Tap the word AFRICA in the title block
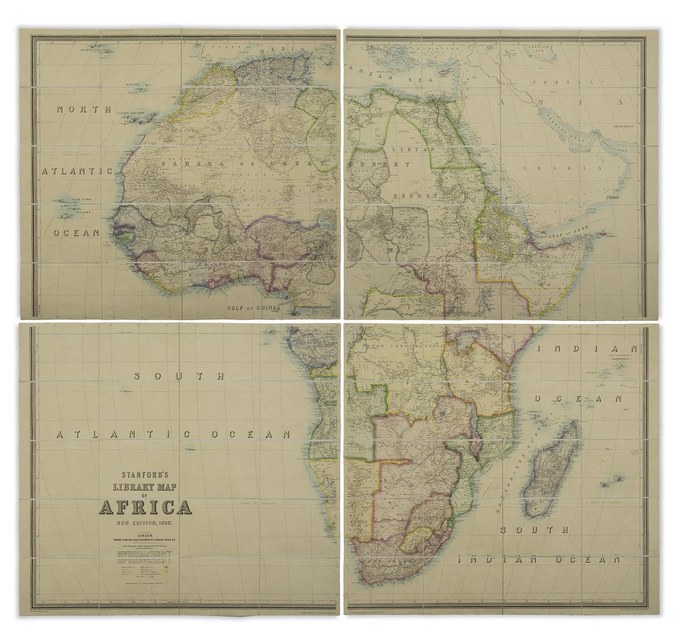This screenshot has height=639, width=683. (146, 508)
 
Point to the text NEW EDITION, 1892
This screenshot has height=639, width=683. (146, 522)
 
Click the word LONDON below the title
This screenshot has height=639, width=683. (146, 535)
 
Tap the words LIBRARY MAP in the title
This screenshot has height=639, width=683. (146, 488)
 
